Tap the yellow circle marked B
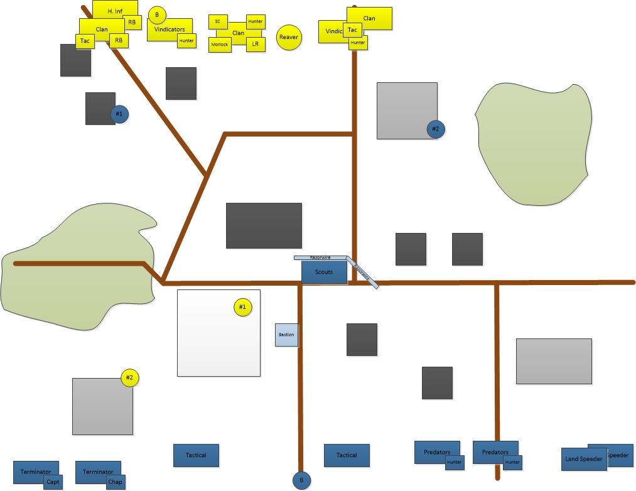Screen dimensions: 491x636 pyautogui.click(x=157, y=14)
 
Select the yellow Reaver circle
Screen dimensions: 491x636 pyautogui.click(x=289, y=37)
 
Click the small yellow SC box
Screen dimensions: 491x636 pyautogui.click(x=218, y=21)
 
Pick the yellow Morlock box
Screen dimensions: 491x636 pyautogui.click(x=220, y=45)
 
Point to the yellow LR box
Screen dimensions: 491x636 pyautogui.click(x=256, y=44)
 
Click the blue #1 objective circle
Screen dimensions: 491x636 pyautogui.click(x=119, y=114)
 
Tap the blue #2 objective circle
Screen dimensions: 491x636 pyautogui.click(x=436, y=129)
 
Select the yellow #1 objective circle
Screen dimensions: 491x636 pyautogui.click(x=242, y=307)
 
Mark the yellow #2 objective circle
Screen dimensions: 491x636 pyautogui.click(x=129, y=378)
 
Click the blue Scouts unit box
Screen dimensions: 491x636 pyautogui.click(x=324, y=272)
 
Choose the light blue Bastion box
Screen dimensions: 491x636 pyautogui.click(x=286, y=335)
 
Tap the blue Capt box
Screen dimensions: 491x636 pyautogui.click(x=53, y=482)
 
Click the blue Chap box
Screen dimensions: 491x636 pyautogui.click(x=115, y=482)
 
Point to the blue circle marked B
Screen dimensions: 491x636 pyautogui.click(x=301, y=480)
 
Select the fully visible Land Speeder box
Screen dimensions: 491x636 pyautogui.click(x=583, y=459)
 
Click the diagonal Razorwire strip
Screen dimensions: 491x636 pyautogui.click(x=363, y=272)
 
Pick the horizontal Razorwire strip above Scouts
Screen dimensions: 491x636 pyautogui.click(x=320, y=257)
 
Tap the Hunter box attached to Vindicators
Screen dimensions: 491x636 pyautogui.click(x=186, y=41)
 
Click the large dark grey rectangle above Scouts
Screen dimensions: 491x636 pyautogui.click(x=264, y=225)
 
